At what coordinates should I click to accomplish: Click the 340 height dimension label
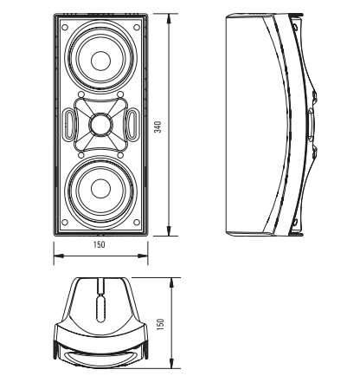coord(158,127)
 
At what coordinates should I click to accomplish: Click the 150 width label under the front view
coord(100,245)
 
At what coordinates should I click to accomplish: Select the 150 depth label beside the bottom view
coord(161,324)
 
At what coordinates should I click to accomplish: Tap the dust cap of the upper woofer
coord(100,61)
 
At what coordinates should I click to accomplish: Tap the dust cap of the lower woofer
coord(100,189)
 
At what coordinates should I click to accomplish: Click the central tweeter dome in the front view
coord(100,125)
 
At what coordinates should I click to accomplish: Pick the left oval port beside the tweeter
coord(69,124)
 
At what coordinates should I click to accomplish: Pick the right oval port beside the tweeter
coord(132,124)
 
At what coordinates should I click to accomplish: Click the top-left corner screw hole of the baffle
coord(65,28)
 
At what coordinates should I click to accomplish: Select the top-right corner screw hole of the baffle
coord(137,28)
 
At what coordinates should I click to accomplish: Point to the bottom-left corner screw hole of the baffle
coord(65,223)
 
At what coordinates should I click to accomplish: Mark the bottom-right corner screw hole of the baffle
coord(137,223)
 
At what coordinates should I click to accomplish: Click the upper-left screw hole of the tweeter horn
coord(81,94)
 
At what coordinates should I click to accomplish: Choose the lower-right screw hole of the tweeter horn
coord(120,155)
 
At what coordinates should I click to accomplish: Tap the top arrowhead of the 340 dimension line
coord(170,18)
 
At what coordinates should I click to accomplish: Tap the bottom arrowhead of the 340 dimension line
coord(170,230)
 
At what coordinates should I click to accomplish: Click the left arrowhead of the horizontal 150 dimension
coord(59,256)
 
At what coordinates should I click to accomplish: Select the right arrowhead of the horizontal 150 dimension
coord(142,256)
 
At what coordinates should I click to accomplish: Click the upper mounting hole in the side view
coord(295,27)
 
